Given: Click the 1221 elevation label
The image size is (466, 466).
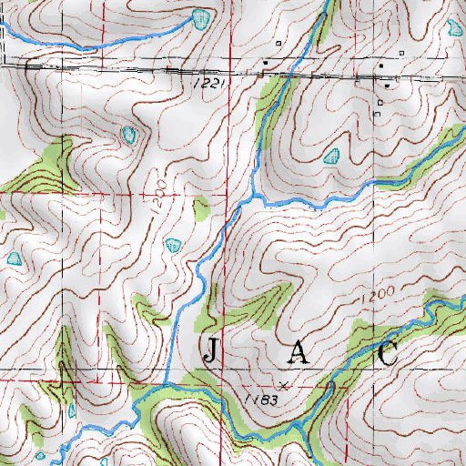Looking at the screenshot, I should [208, 83].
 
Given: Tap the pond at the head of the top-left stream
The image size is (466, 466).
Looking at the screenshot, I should [201, 16].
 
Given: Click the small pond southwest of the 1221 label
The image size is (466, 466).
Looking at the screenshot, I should [130, 137].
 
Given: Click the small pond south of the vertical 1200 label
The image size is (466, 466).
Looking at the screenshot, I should [173, 244].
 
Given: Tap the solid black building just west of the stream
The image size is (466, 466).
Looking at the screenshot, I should [265, 63].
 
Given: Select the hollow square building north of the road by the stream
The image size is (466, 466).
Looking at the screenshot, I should [278, 43].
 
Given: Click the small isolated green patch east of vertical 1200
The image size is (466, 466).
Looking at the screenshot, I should [201, 211].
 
